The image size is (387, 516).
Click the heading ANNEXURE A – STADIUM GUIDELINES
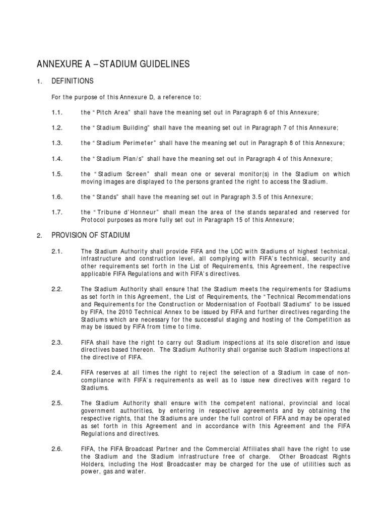tap(113, 64)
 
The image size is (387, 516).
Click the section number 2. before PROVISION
tap(39, 236)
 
